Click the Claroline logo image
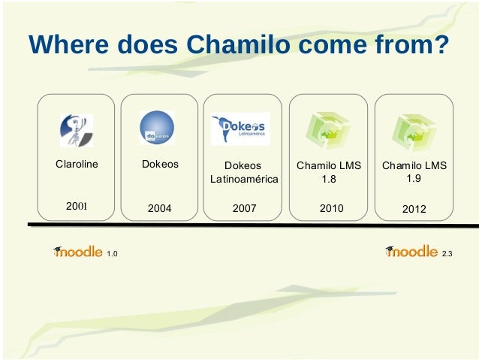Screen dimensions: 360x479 [77, 130]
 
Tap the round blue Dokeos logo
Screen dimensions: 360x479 [157, 128]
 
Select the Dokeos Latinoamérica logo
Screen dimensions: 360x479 [240, 129]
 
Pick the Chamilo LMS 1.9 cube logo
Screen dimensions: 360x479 [413, 130]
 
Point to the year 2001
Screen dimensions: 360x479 [77, 204]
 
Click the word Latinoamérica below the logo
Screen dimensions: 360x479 [243, 180]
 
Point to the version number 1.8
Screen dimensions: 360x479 [329, 180]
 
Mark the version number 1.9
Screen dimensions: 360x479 [414, 178]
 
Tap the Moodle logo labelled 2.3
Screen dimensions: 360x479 [411, 252]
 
